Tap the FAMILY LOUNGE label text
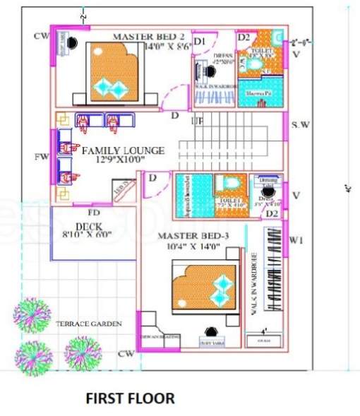[123, 150]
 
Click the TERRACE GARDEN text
[89, 323]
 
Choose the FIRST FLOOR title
[130, 398]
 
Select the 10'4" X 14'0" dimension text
[190, 246]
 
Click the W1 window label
[297, 241]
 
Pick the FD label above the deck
[92, 212]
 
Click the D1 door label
[200, 42]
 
